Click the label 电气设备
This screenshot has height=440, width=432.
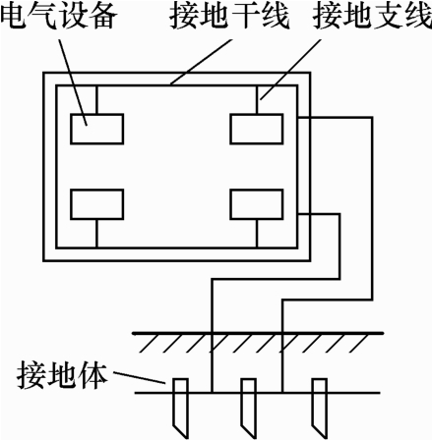58,16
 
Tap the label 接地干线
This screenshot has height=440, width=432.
229,16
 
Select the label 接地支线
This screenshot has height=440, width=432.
373,16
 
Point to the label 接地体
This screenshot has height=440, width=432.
62,375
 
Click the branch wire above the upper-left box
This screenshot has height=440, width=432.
96,100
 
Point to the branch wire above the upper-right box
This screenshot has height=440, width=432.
257,100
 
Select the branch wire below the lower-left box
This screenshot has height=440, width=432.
96,233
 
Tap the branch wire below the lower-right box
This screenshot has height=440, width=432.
257,233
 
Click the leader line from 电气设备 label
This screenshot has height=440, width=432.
73,82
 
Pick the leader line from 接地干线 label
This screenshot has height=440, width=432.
201,62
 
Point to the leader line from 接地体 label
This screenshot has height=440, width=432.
139,377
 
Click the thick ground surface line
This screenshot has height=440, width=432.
258,333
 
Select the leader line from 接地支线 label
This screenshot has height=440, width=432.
290,69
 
